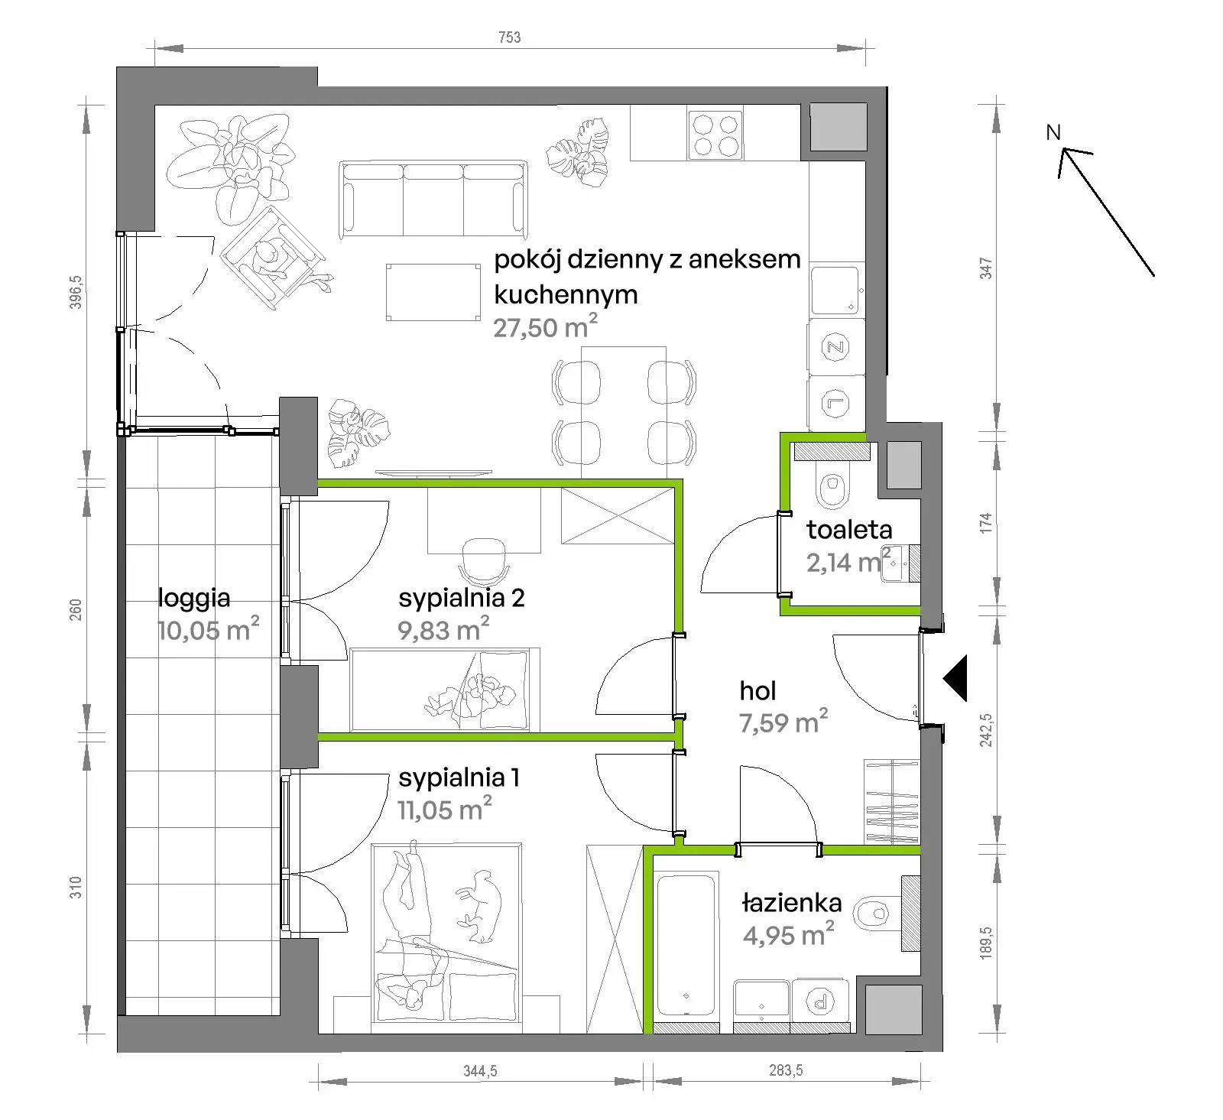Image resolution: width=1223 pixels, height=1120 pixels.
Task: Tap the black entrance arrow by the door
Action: (x=955, y=677)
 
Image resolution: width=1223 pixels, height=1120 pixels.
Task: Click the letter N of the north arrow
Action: (x=1053, y=132)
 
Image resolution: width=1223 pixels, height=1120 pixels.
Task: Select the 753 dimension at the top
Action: (x=509, y=37)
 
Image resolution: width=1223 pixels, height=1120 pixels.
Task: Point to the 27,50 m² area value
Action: (x=545, y=328)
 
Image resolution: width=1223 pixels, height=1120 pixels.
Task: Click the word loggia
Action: (x=193, y=598)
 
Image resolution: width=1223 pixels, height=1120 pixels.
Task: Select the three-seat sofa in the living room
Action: (x=434, y=199)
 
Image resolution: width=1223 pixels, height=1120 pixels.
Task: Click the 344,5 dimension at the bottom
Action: (x=480, y=1071)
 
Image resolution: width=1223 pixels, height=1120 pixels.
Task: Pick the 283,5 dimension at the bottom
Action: (x=786, y=1070)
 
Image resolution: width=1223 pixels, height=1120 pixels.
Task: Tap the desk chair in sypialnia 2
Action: (x=485, y=560)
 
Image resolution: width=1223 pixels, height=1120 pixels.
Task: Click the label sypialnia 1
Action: (x=459, y=778)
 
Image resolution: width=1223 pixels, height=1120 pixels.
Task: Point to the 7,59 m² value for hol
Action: (x=783, y=722)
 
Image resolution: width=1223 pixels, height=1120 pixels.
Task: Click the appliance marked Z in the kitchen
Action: (x=835, y=348)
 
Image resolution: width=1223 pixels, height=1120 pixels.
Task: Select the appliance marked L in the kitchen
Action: (x=835, y=402)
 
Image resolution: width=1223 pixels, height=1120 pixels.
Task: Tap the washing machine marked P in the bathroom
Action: (x=820, y=999)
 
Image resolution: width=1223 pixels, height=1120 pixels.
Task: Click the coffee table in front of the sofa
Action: (x=433, y=293)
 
